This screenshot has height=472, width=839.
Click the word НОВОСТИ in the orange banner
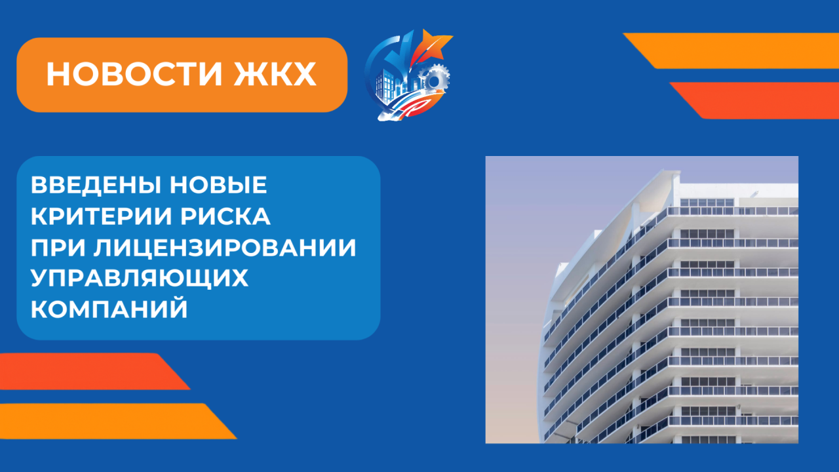[134, 74]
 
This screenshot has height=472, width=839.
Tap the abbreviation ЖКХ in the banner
[275, 74]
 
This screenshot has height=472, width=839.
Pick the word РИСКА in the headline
[225, 216]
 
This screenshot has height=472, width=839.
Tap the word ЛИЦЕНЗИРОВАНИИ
[225, 248]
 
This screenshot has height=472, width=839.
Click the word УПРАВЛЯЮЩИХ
[140, 279]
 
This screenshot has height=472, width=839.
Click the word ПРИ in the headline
[58, 248]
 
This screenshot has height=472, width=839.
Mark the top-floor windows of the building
[707, 203]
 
